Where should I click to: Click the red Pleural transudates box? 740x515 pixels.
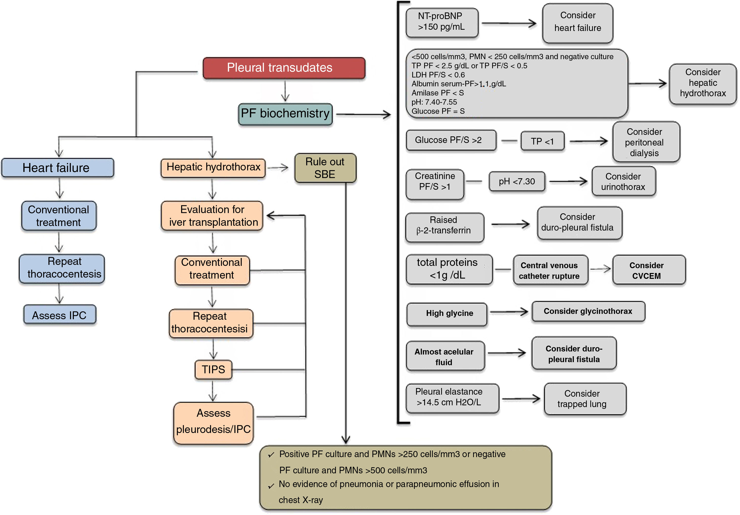[284, 68]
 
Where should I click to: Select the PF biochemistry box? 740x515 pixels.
[285, 114]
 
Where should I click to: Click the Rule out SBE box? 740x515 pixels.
[325, 168]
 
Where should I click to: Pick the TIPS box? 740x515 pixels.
[213, 369]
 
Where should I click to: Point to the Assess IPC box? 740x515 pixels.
[60, 315]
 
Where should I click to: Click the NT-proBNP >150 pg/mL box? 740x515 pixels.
[442, 22]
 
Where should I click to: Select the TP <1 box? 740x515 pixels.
[542, 141]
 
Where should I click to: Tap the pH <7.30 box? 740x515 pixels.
[517, 182]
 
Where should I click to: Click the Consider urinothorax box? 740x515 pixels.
[623, 182]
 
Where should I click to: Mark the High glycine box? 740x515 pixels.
[447, 314]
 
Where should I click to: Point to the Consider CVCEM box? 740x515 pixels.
[648, 270]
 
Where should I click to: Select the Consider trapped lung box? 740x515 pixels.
[585, 399]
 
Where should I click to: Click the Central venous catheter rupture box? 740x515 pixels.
[550, 270]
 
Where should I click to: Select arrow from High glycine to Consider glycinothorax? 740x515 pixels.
[509, 312]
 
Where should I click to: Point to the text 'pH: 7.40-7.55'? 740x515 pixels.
[434, 102]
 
